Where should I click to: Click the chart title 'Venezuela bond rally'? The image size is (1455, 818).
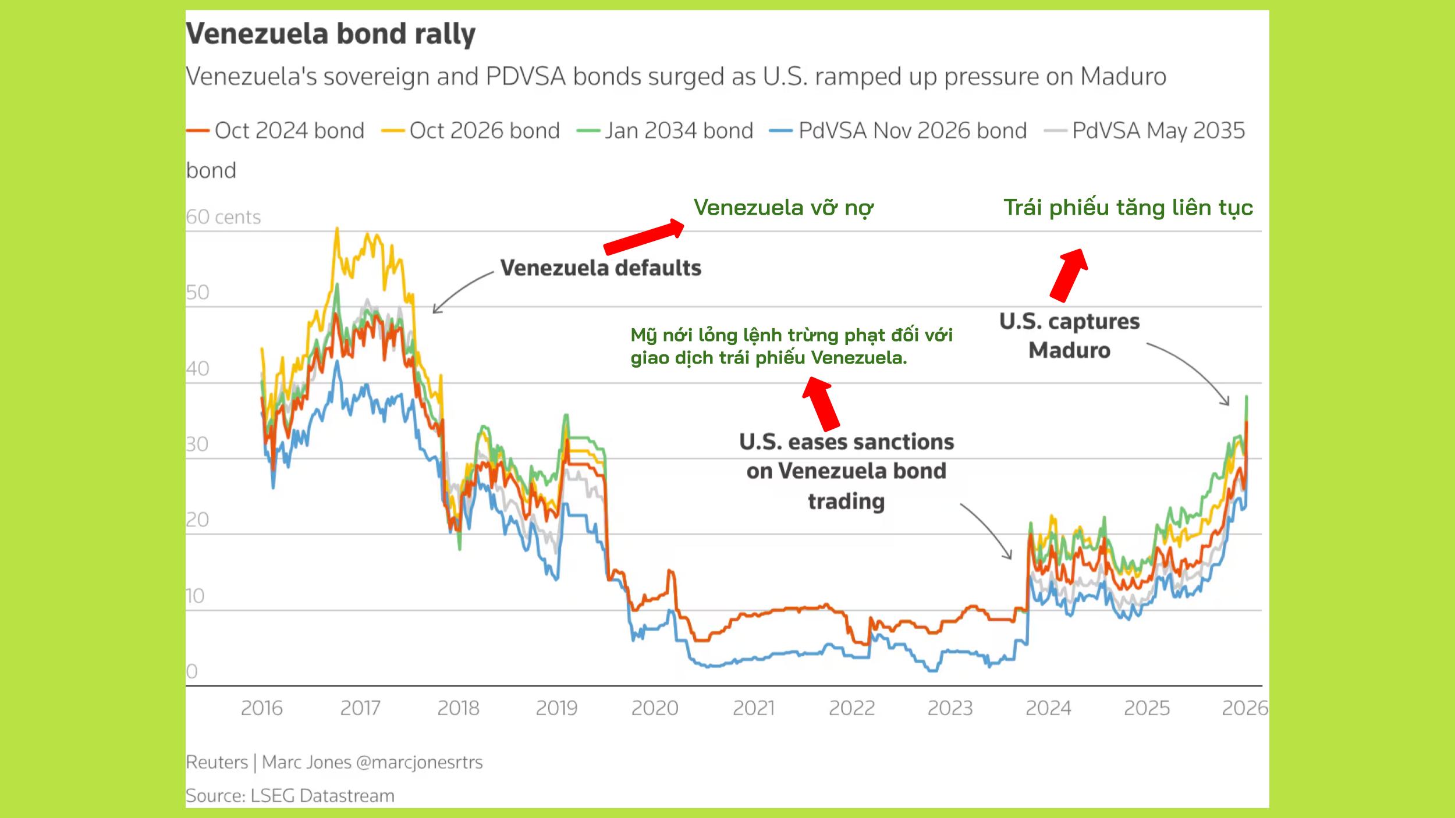pos(331,34)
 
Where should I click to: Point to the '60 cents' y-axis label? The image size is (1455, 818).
pos(223,217)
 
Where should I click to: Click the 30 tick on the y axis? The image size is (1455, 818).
pos(197,444)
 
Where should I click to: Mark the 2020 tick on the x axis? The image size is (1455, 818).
pos(655,708)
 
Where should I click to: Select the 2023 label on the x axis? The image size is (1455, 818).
pos(950,708)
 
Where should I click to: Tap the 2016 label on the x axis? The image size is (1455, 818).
pos(261,708)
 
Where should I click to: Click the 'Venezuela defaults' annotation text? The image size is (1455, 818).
pos(601,268)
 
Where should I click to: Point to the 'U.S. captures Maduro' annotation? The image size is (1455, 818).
pos(1069,336)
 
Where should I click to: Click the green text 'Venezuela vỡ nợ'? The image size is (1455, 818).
pos(783,208)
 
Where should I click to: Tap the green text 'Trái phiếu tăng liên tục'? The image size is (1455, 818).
pos(1128,208)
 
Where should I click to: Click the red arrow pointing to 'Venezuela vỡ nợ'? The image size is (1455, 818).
pos(644,237)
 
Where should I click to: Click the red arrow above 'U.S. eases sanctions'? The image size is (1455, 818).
pos(821,403)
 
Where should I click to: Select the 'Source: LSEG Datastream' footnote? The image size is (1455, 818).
pos(290,795)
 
